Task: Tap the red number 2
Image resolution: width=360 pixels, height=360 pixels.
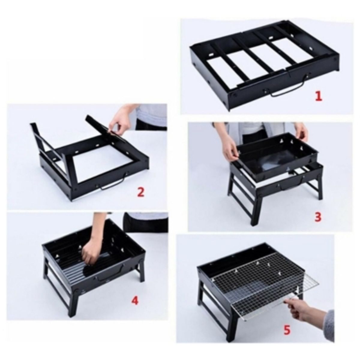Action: click(140, 192)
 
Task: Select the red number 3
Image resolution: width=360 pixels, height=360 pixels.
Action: click(318, 217)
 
